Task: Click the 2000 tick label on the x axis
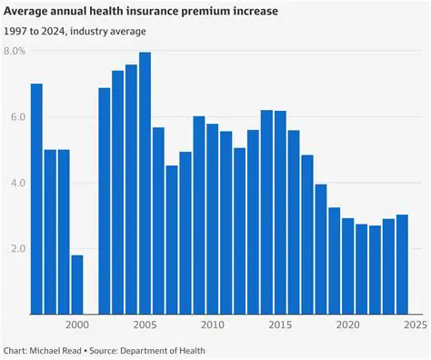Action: point(77,325)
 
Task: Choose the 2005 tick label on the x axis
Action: point(145,325)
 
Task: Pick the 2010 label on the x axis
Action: point(212,325)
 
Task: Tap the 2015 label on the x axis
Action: point(279,325)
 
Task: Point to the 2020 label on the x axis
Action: point(347,325)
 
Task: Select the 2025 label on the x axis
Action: point(413,325)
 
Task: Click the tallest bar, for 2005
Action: point(145,182)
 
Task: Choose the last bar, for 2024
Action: point(402,264)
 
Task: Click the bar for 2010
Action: point(212,218)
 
